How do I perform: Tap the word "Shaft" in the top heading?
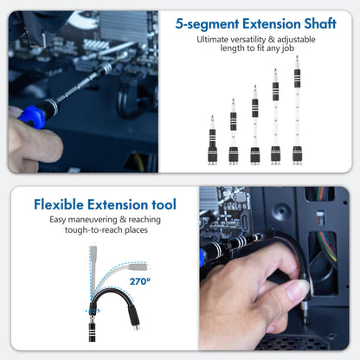316,24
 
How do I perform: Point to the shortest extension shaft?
212,143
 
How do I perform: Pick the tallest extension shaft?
297,112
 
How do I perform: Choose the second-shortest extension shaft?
234,134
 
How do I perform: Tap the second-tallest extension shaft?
275,119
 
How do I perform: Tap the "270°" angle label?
140,281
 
